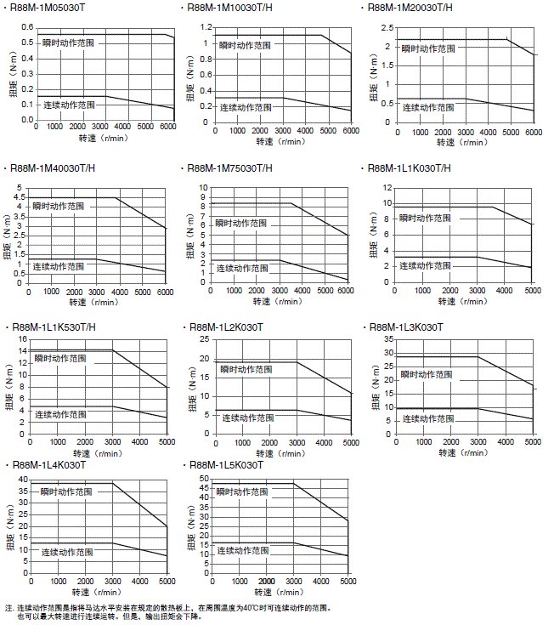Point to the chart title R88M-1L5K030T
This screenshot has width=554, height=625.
tap(227, 466)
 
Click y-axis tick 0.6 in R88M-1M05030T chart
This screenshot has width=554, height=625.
tap(26, 26)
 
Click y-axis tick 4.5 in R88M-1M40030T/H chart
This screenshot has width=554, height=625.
tap(20, 197)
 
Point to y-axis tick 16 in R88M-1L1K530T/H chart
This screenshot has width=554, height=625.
tap(23, 339)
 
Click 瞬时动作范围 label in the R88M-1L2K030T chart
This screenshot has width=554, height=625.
tap(246, 370)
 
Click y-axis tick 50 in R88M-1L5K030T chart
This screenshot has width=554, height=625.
tap(203, 479)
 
